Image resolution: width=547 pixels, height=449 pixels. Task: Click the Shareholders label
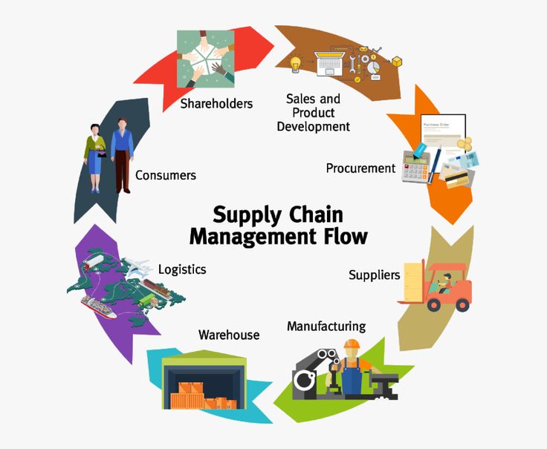pos(216,104)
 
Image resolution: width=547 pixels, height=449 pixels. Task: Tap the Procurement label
pos(360,168)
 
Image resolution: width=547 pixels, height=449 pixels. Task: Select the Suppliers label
pos(374,275)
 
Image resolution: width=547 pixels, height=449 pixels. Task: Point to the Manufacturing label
pos(326,326)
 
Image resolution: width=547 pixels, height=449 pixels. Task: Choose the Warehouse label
pos(229,335)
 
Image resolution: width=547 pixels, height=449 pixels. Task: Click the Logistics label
pos(182,269)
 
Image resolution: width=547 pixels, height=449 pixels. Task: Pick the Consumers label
pos(166,176)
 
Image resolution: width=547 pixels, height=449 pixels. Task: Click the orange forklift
pos(446,285)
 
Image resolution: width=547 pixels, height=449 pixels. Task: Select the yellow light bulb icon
pos(295,63)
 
